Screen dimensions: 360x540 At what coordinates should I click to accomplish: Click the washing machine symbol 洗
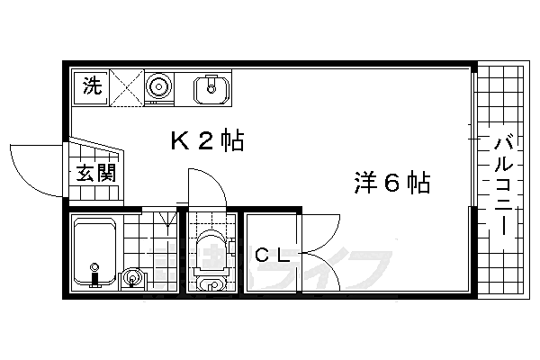click(x=90, y=87)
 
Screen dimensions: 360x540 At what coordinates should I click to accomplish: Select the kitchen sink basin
click(x=211, y=88)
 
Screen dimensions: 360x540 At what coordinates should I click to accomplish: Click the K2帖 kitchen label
click(x=208, y=142)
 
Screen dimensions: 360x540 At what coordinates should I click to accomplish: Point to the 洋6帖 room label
click(x=390, y=184)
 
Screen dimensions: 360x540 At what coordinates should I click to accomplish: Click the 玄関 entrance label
click(x=94, y=174)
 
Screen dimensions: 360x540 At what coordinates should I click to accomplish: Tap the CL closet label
click(x=271, y=256)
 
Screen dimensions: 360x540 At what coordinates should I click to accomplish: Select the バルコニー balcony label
click(x=504, y=185)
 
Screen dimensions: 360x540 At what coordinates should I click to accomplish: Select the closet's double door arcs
click(x=319, y=253)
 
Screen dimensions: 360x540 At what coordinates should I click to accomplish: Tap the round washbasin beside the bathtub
click(x=133, y=278)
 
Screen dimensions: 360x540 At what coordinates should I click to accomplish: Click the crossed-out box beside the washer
click(x=125, y=88)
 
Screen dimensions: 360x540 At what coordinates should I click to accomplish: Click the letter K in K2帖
click(x=181, y=142)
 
